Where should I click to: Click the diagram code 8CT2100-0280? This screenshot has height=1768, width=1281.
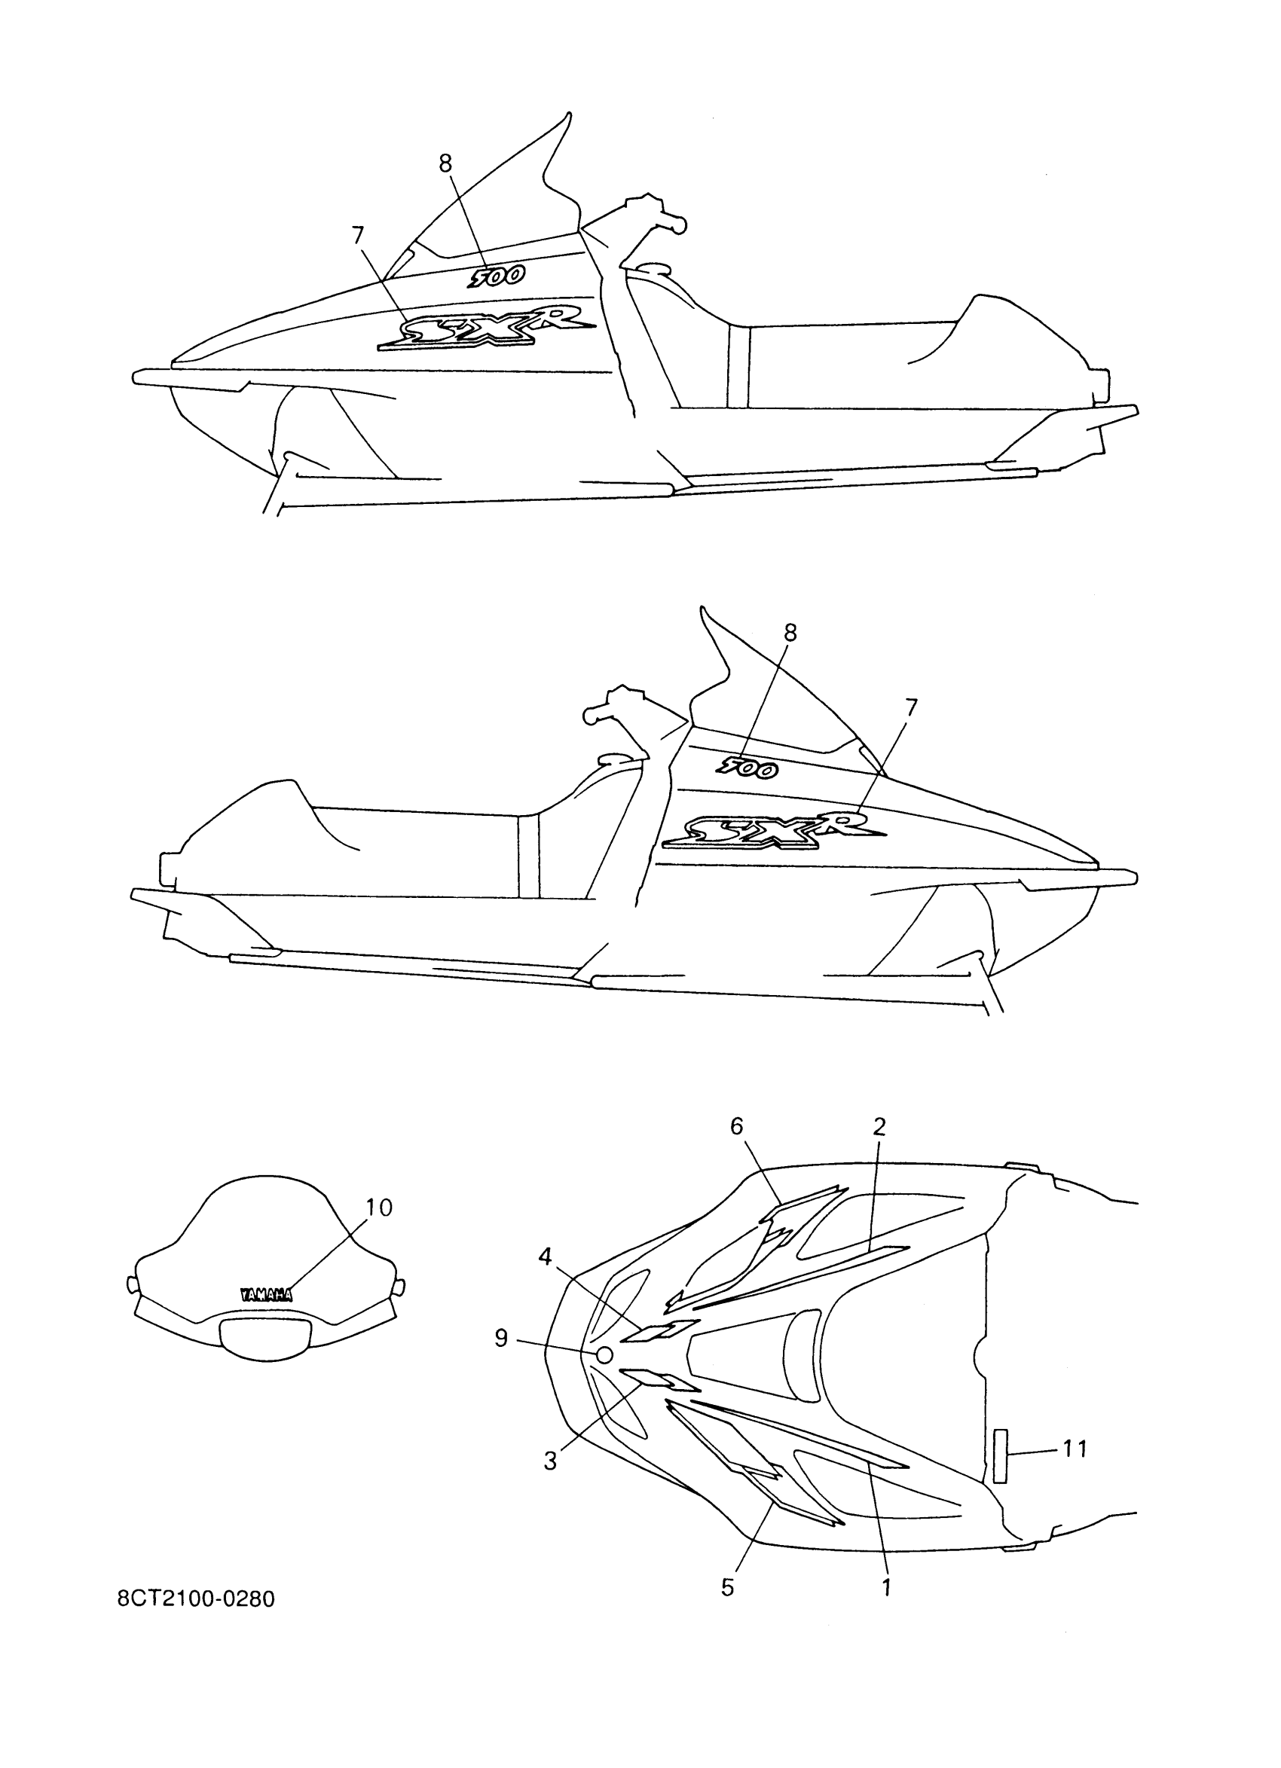(196, 1598)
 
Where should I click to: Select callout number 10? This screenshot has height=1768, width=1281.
(379, 1208)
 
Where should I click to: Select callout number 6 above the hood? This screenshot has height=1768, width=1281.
(737, 1125)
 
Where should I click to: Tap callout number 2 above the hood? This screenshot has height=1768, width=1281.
(879, 1125)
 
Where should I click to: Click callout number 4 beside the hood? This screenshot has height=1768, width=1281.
(545, 1257)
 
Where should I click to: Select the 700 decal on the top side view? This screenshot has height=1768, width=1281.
(496, 276)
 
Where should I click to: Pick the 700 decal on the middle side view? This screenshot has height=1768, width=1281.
(746, 768)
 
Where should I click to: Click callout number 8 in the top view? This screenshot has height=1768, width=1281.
(445, 163)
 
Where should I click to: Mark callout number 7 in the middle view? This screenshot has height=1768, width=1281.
(911, 707)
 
